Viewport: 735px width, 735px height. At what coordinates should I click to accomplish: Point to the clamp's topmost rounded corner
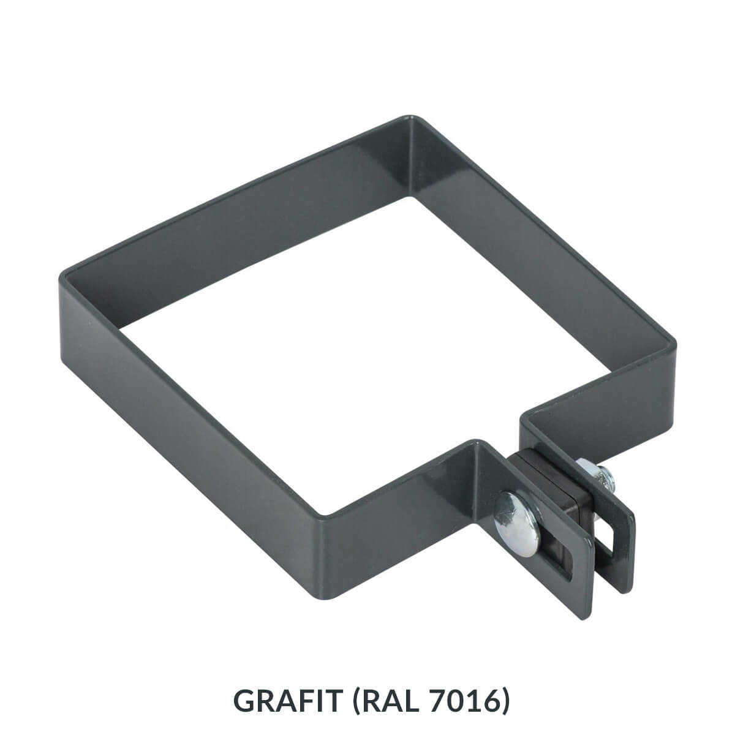coord(409,118)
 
